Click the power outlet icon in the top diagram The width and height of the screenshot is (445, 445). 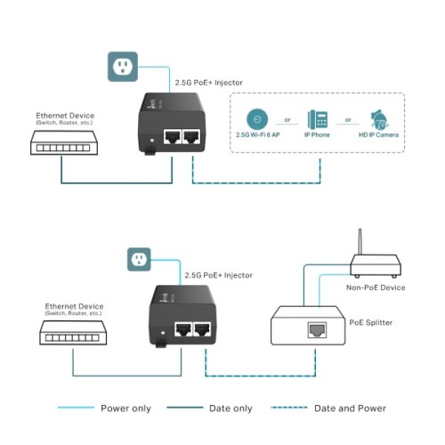tap(123, 67)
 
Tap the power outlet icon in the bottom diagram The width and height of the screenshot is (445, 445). tap(138, 259)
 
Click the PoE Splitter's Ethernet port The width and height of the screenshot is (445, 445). tap(317, 329)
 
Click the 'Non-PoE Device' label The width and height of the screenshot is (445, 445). tap(376, 288)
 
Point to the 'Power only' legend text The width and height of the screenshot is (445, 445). tap(125, 409)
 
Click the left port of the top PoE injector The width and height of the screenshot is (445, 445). tap(171, 136)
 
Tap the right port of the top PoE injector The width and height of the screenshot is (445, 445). tap(192, 136)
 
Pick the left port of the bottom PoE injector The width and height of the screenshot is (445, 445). tap(183, 329)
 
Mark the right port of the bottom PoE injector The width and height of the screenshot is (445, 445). tap(205, 329)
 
